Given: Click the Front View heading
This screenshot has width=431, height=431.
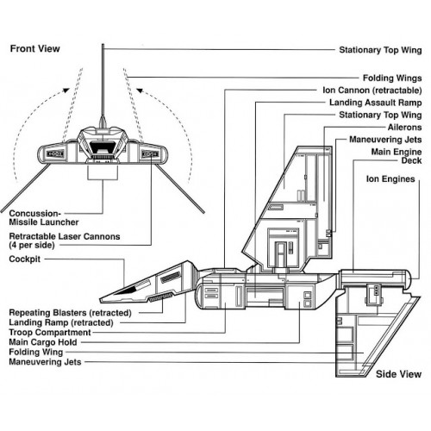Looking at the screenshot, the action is pyautogui.click(x=35, y=48).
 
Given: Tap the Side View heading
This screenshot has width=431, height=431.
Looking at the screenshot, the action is pyautogui.click(x=398, y=374).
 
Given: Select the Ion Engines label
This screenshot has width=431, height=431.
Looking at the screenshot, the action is pyautogui.click(x=390, y=178).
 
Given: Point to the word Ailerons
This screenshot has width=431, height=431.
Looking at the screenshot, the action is pyautogui.click(x=404, y=127).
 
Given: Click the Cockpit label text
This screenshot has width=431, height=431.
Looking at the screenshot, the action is pyautogui.click(x=25, y=259).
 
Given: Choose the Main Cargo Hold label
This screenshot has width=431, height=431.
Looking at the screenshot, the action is pyautogui.click(x=43, y=342).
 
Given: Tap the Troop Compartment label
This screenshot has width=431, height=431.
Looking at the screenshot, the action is pyautogui.click(x=50, y=333).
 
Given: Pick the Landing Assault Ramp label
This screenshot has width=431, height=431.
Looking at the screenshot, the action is pyautogui.click(x=376, y=103).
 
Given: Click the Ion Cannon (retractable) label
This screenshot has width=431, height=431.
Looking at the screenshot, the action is pyautogui.click(x=372, y=91).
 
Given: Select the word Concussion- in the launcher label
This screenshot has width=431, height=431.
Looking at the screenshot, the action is pyautogui.click(x=35, y=214).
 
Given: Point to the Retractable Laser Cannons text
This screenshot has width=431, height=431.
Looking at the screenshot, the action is pyautogui.click(x=65, y=236).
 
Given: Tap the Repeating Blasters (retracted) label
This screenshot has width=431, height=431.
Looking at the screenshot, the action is pyautogui.click(x=70, y=313).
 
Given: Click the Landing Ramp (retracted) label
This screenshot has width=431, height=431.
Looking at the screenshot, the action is pyautogui.click(x=61, y=322).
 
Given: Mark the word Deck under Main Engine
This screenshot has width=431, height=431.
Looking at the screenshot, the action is pyautogui.click(x=411, y=160).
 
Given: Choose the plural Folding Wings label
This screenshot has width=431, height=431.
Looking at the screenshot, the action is pyautogui.click(x=392, y=78).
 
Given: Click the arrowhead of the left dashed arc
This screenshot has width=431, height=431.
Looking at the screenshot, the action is pyautogui.click(x=66, y=91).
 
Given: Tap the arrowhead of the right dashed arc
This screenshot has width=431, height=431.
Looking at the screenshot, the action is pyautogui.click(x=140, y=91).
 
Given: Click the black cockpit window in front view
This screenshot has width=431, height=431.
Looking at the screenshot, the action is pyautogui.click(x=103, y=147).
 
